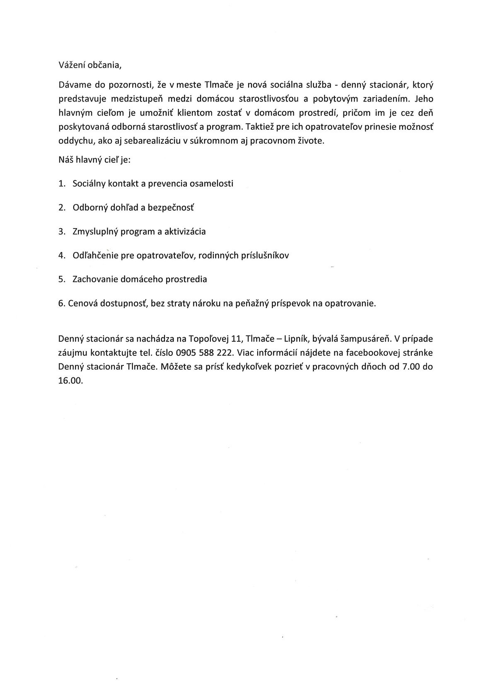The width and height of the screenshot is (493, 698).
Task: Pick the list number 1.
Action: coord(62,183)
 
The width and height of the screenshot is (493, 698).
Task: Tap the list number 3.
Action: coord(62,231)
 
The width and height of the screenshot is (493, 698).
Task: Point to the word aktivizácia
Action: coord(185,231)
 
